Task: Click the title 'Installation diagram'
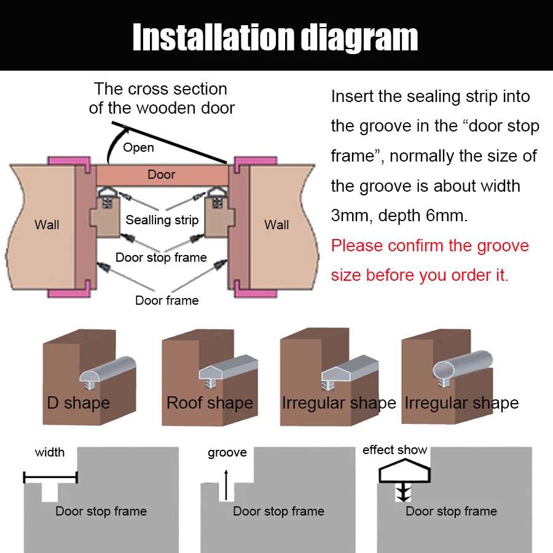[x=275, y=37]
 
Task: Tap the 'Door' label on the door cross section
[x=162, y=175]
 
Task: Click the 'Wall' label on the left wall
[x=47, y=224]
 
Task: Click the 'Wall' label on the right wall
[x=276, y=224]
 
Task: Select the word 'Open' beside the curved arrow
[x=138, y=147]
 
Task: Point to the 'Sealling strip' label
[x=162, y=220]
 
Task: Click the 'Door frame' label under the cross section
[x=167, y=300]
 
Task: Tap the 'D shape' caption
[x=79, y=403]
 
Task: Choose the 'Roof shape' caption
[x=210, y=403]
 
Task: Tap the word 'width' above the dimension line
[x=50, y=452]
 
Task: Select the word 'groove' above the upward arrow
[x=227, y=453]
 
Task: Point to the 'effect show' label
[x=394, y=450]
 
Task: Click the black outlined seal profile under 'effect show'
[x=404, y=474]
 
